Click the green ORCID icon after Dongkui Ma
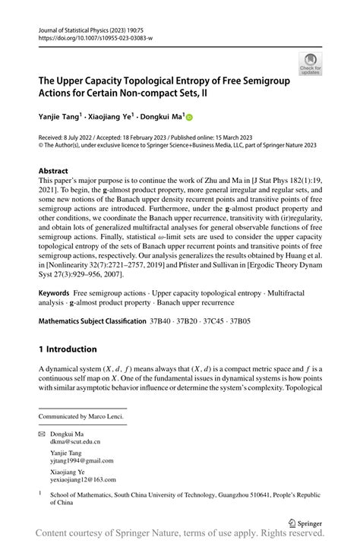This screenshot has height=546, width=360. [189, 118]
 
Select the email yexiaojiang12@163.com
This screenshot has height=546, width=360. [84, 480]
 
